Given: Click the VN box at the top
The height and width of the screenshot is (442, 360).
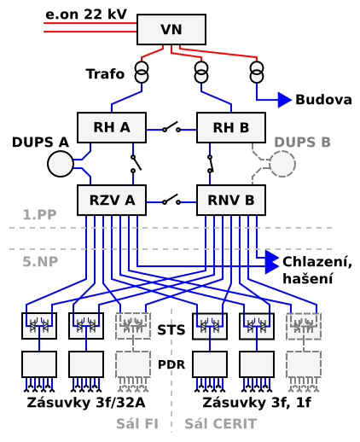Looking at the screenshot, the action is (171, 29).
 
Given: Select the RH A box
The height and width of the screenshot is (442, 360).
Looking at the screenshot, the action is (112, 127).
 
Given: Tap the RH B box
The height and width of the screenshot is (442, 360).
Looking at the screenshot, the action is (231, 127).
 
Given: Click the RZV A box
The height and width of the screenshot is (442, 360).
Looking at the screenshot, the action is (112, 200).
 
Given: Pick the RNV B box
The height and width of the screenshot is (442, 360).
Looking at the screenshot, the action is (231, 200).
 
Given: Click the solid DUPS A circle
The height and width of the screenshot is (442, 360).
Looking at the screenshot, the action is (61, 164).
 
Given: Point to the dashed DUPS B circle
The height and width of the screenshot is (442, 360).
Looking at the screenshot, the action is (282, 164).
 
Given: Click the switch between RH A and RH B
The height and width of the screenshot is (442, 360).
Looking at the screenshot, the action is (171, 127).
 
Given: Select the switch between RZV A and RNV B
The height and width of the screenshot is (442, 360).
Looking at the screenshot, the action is (171, 200).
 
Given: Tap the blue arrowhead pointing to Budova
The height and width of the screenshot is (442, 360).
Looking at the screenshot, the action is (285, 100).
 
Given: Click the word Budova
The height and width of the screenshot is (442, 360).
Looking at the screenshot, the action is (323, 100).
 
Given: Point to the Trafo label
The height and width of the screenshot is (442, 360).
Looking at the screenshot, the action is (105, 74).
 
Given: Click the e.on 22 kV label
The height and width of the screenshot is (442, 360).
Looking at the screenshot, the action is (86, 15).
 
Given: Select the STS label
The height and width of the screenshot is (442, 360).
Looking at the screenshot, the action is (171, 330).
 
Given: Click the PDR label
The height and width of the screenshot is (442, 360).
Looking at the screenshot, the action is (171, 364).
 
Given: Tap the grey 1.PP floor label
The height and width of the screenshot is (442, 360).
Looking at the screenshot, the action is (39, 215).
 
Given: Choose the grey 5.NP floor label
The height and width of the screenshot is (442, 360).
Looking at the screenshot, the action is (40, 262).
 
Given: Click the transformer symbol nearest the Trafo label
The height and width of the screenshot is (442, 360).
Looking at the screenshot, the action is (142, 72).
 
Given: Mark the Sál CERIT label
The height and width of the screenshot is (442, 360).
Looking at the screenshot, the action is (221, 424).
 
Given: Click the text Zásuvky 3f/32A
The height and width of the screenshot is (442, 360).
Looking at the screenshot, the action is (86, 403).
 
